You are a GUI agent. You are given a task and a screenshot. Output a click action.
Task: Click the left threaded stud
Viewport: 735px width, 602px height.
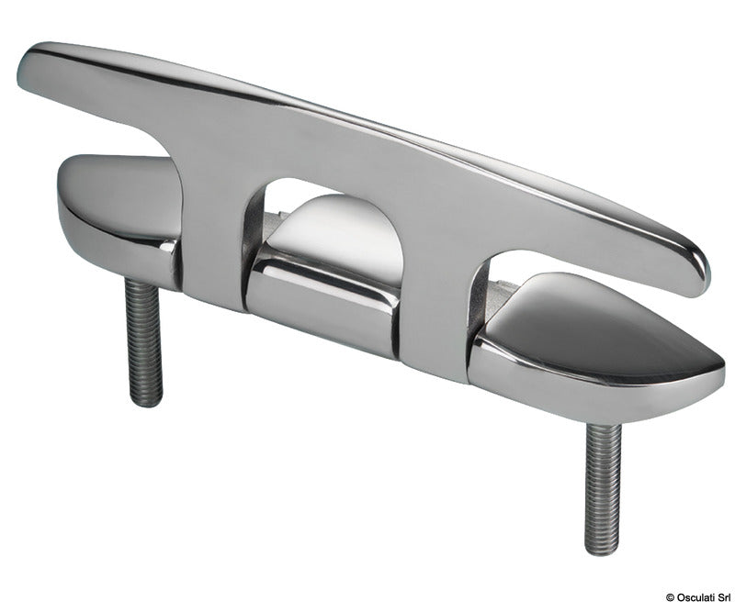143,340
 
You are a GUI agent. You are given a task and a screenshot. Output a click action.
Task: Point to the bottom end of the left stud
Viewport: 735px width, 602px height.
148,401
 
